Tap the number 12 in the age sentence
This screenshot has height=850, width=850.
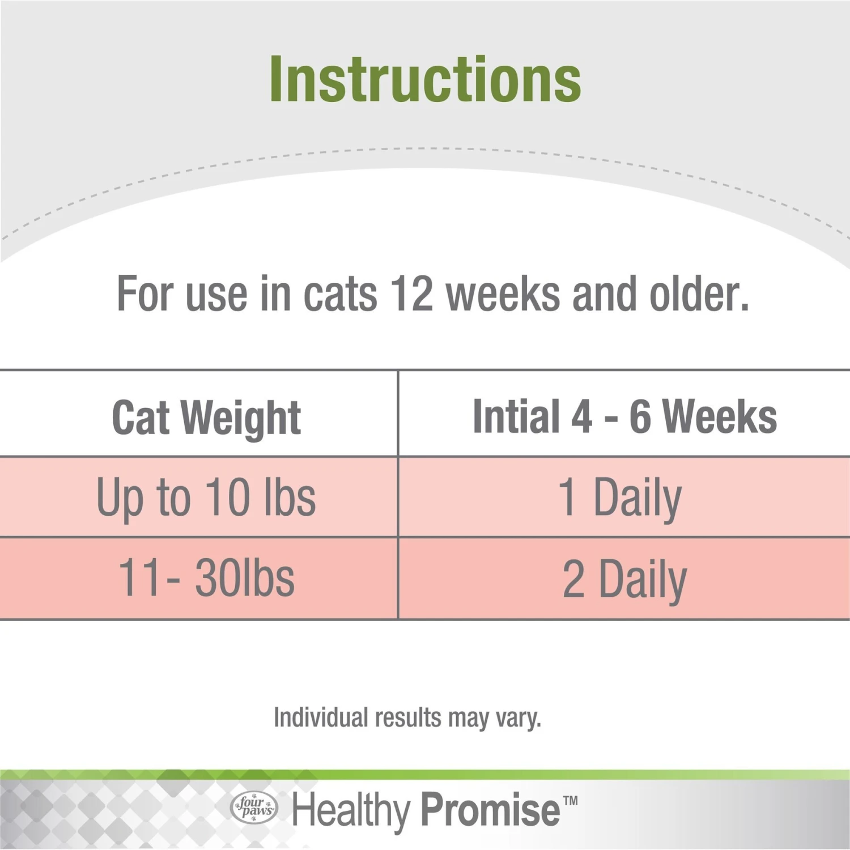pyautogui.click(x=411, y=294)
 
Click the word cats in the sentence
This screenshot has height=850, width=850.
pyautogui.click(x=340, y=294)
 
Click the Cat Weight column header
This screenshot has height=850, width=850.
pyautogui.click(x=206, y=418)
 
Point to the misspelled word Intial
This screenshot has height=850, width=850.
pyautogui.click(x=516, y=416)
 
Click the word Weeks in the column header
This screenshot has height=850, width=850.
pyautogui.click(x=720, y=416)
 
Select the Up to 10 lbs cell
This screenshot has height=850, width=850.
pyautogui.click(x=206, y=498)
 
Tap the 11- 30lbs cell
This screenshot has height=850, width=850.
pyautogui.click(x=206, y=578)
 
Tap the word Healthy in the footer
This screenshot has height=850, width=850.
pyautogui.click(x=351, y=810)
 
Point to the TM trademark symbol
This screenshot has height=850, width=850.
pyautogui.click(x=571, y=801)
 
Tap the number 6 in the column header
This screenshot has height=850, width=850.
pyautogui.click(x=640, y=416)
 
